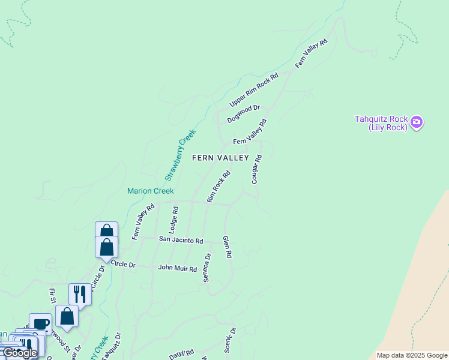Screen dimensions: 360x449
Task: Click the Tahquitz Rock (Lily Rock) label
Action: (381, 123)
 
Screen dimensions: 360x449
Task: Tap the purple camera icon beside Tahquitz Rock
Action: (417, 123)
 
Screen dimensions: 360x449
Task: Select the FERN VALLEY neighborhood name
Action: (220, 158)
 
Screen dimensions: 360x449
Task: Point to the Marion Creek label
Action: (150, 191)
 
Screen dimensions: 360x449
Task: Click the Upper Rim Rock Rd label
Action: (255, 90)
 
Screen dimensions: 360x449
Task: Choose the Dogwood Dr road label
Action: (243, 114)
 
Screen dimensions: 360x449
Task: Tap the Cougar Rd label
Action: (257, 169)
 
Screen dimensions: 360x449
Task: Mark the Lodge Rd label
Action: (174, 220)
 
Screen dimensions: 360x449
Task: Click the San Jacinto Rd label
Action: (181, 239)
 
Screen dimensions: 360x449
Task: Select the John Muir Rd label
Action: (177, 268)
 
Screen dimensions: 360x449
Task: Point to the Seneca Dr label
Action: (207, 268)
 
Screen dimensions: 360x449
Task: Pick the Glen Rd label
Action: (227, 247)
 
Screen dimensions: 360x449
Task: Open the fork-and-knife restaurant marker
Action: (79, 294)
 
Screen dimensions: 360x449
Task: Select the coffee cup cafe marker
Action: (40, 324)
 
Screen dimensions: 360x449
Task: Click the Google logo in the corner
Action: (19, 353)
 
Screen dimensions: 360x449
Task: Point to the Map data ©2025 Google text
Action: (411, 355)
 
